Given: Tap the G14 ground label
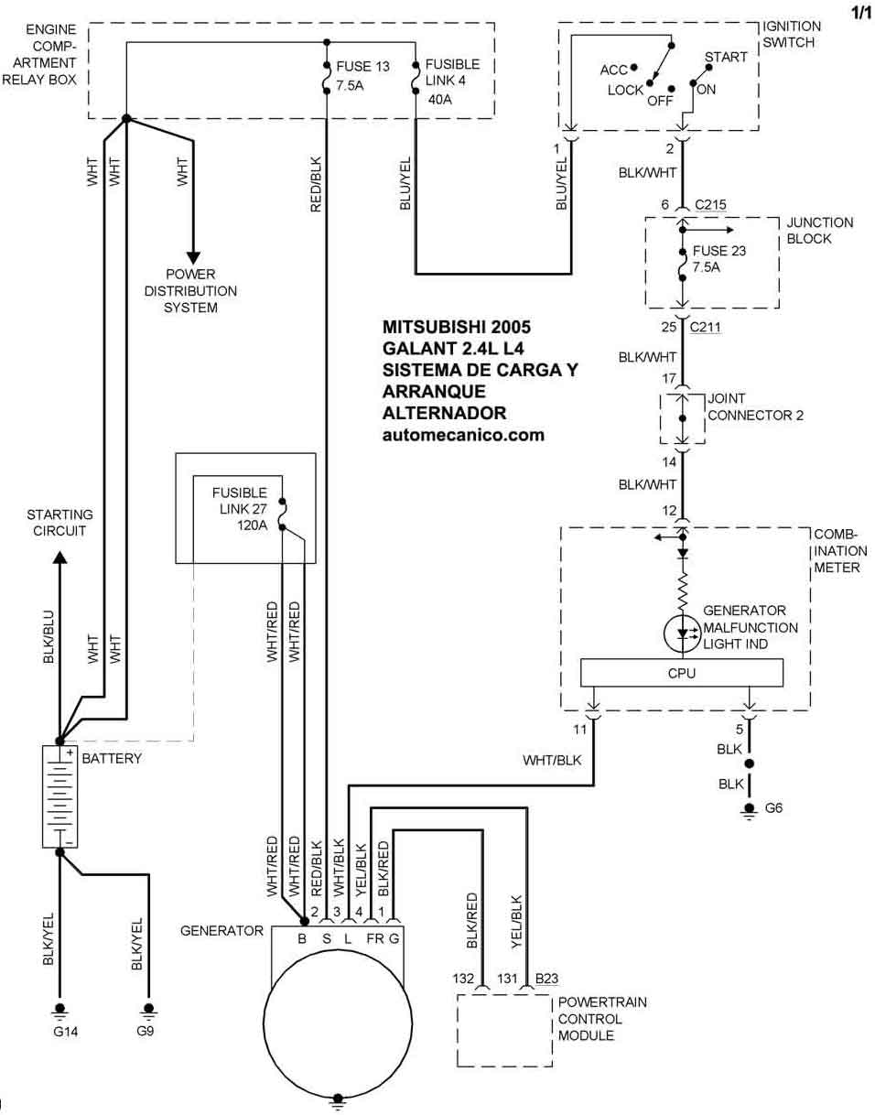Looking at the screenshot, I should coord(60,1032).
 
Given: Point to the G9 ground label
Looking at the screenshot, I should coord(146,1032).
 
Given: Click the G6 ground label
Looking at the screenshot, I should coord(774,807).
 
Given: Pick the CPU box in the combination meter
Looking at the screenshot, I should coord(682,673).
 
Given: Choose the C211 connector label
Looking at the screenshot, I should coord(706,326).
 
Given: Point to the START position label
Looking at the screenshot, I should coord(726,57).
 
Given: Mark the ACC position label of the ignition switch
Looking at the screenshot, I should coord(613,70).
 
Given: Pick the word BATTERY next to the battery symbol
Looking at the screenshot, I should coord(112,758).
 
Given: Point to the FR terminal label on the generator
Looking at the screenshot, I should coord(374,938).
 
